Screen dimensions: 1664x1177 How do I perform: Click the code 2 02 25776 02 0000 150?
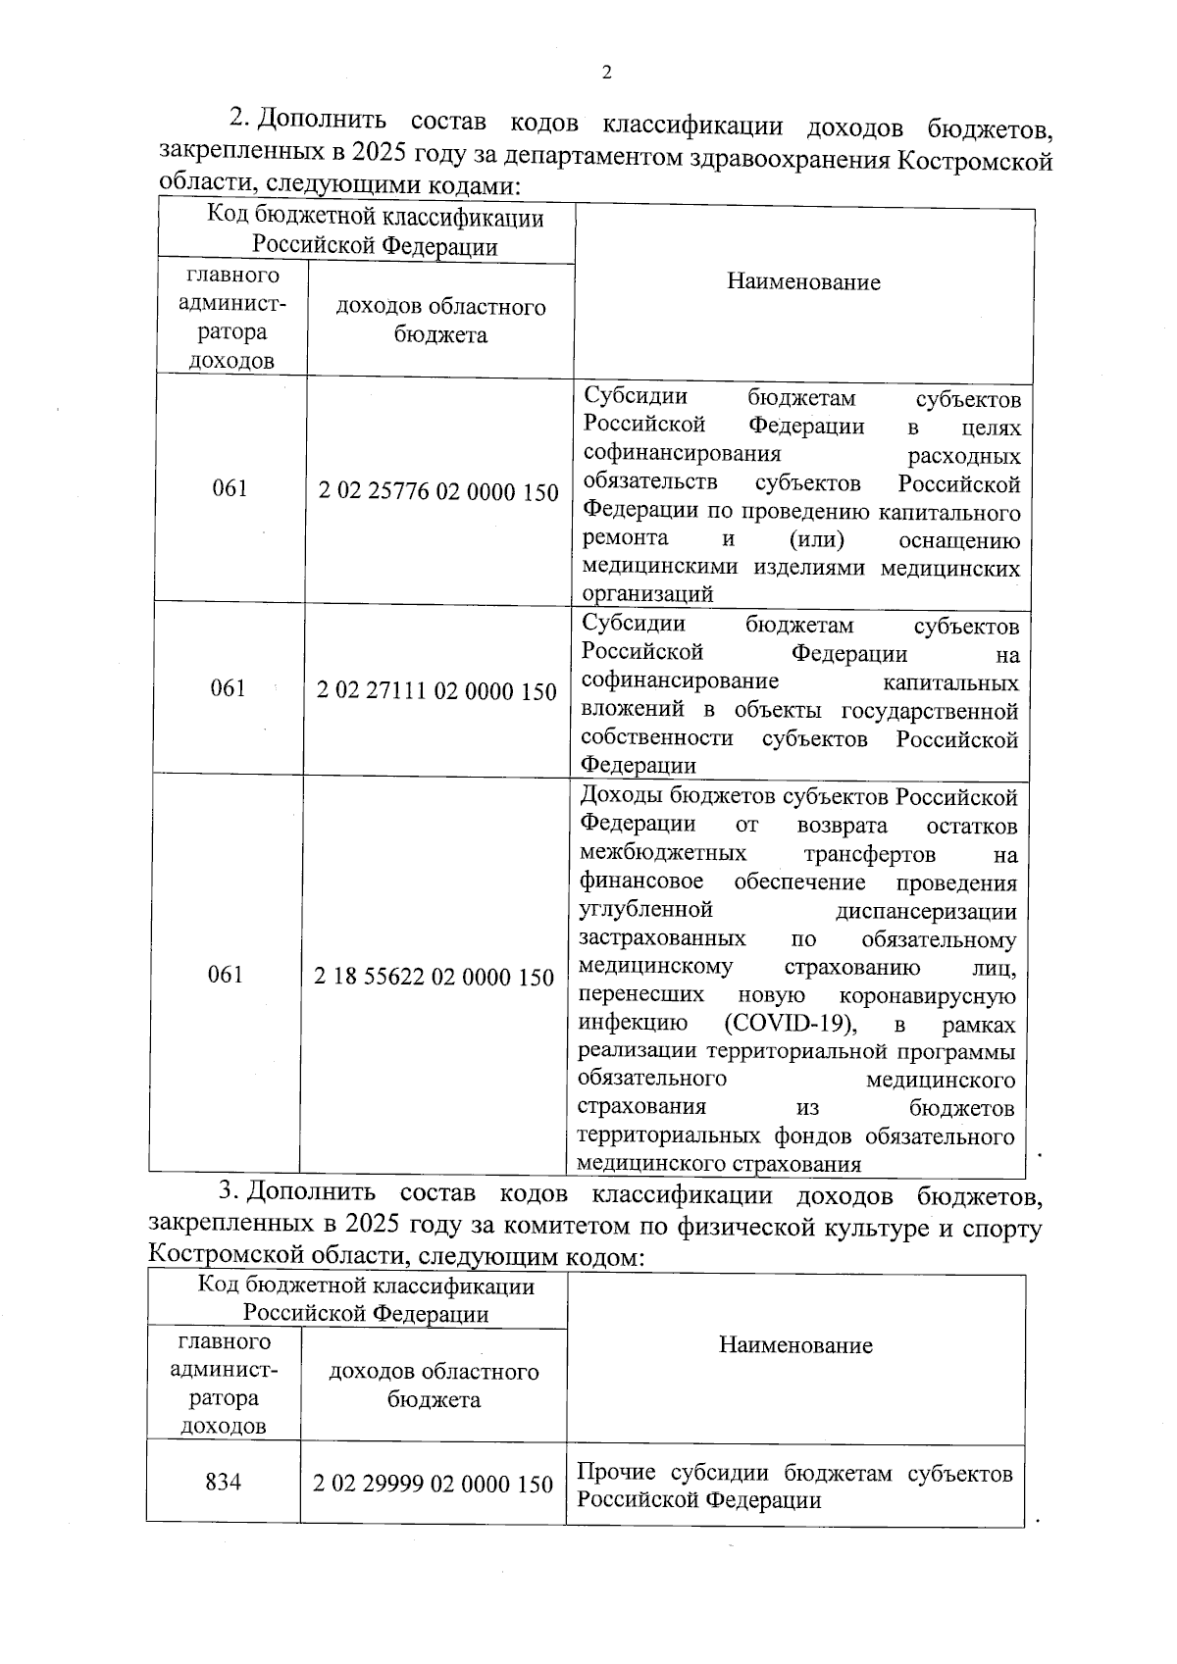438,491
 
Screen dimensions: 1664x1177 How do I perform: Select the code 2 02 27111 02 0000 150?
436,691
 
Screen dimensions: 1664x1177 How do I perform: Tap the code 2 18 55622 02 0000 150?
435,977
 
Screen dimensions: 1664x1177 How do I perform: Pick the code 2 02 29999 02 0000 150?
434,1484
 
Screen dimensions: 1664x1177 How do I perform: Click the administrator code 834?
224,1482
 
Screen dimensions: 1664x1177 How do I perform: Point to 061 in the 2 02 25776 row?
230,488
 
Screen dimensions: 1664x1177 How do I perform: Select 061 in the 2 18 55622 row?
226,975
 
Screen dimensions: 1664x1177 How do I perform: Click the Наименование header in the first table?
803,282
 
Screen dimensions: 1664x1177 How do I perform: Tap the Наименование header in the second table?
795,1345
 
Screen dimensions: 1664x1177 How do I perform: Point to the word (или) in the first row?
817,539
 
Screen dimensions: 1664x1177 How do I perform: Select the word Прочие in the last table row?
617,1474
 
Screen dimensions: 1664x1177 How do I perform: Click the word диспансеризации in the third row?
926,912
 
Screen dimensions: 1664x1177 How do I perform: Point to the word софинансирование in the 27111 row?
680,681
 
